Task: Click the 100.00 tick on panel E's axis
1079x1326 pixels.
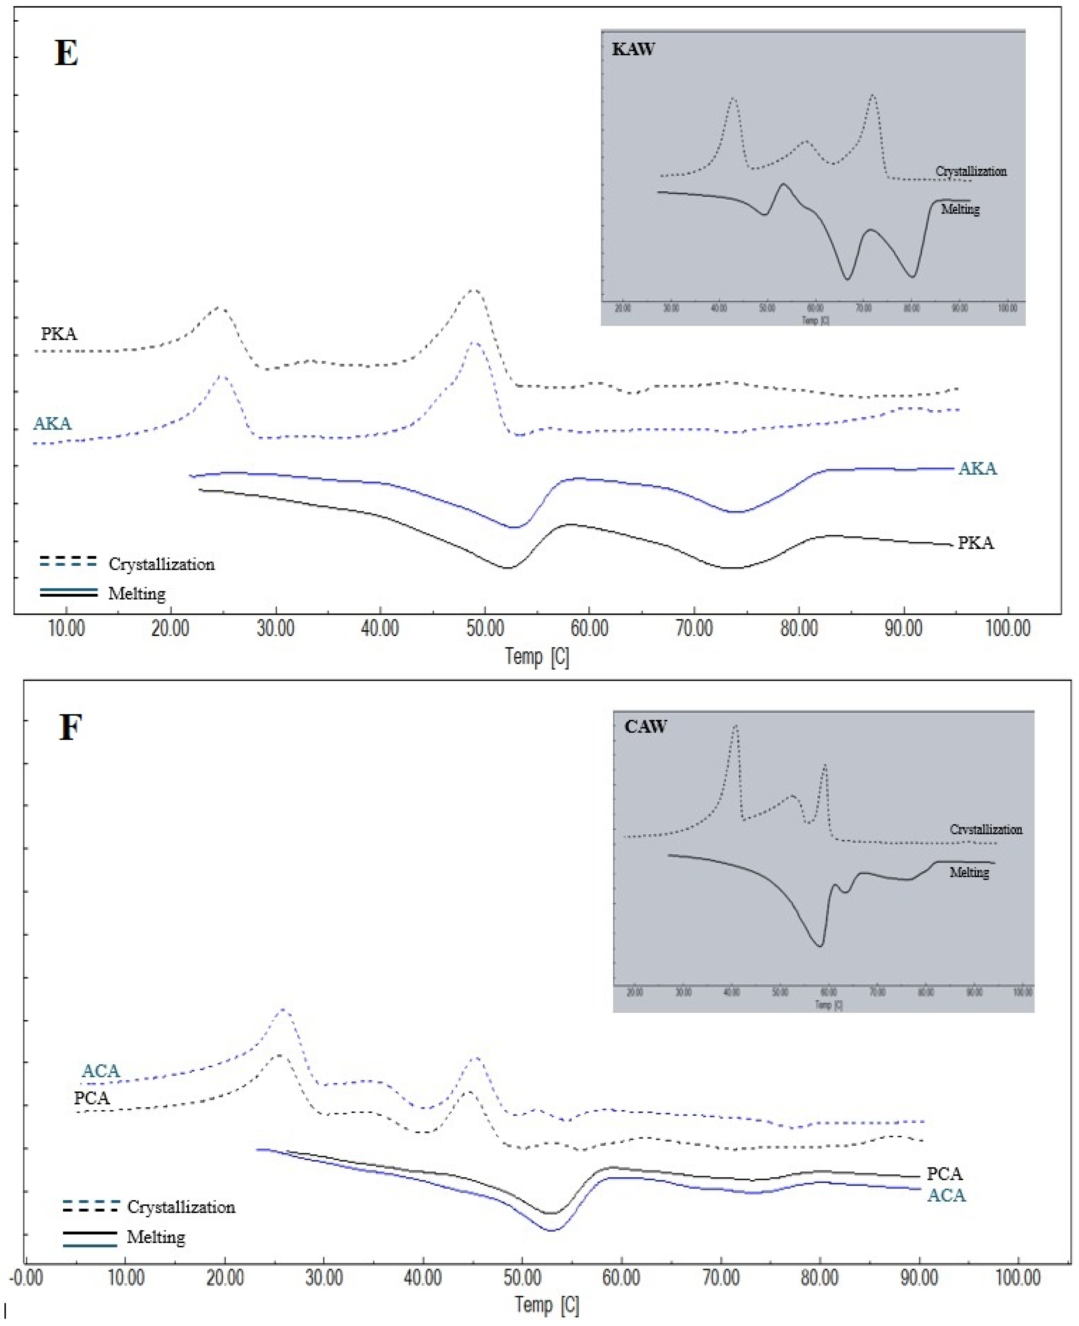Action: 1008,629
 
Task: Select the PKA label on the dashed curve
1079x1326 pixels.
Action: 59,334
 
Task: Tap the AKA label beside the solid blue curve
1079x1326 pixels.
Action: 977,469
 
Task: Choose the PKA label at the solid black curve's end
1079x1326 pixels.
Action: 975,543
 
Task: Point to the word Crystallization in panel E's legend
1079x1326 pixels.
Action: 162,564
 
